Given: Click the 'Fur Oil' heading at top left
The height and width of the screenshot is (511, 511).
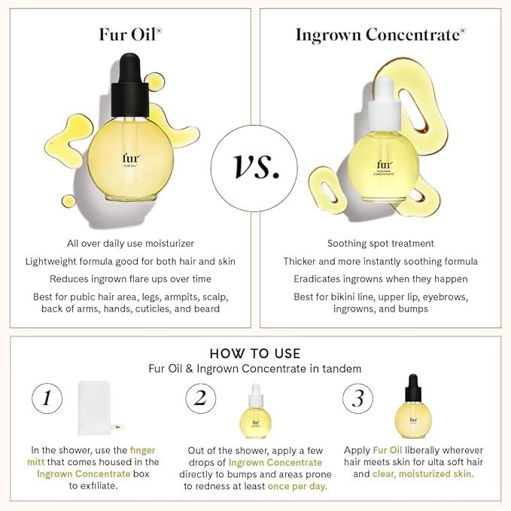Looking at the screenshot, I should (128, 35).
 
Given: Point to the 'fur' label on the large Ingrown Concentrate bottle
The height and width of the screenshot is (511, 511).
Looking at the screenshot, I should (385, 165).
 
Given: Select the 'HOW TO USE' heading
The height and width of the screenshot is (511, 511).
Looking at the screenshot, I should (255, 353).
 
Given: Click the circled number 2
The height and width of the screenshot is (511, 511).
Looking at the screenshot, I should (199, 398).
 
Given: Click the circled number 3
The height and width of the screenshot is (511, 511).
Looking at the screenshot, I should (357, 398).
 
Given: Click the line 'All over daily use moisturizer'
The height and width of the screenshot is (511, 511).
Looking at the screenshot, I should (131, 243).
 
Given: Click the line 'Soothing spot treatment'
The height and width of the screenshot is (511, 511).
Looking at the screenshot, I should (380, 243).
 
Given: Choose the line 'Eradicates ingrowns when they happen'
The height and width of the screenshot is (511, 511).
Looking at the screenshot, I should (380, 279).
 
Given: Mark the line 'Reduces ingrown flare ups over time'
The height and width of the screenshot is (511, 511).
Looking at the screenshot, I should (131, 279).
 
